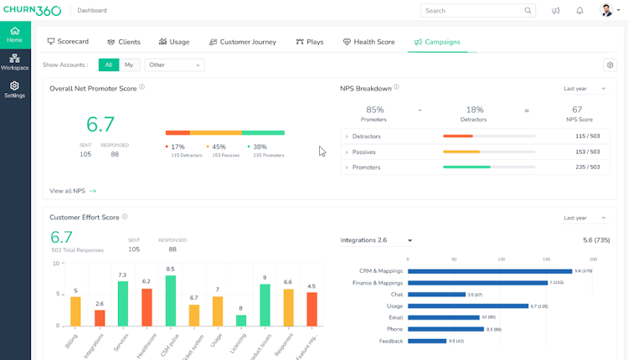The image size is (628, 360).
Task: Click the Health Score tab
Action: tap(368, 42)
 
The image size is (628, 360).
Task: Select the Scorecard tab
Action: tap(68, 42)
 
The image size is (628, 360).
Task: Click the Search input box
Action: tap(473, 11)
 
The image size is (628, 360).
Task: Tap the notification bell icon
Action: tap(579, 11)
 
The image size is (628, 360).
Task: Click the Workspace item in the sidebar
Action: tap(14, 62)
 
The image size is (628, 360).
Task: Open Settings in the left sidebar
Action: tap(14, 90)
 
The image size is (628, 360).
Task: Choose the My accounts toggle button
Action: tap(129, 65)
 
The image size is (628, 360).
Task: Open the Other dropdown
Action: tap(174, 65)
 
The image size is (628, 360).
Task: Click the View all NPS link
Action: tap(73, 191)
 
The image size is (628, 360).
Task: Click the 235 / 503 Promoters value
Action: tap(587, 167)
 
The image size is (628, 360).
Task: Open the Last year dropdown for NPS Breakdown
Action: tap(584, 89)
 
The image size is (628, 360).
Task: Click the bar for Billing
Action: tap(75, 311)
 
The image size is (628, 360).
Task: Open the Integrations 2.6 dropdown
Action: tap(376, 241)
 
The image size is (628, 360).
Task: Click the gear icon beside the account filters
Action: tap(610, 65)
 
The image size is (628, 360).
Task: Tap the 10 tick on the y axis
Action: tap(56, 264)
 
